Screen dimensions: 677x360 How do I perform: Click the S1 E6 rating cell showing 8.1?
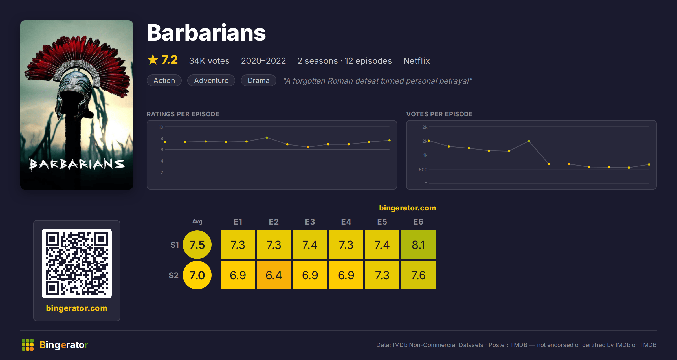coord(418,245)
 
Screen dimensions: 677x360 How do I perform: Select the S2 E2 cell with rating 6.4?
coord(274,275)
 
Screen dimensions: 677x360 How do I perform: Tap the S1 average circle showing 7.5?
coord(197,245)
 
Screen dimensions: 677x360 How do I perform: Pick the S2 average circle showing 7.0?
coord(197,275)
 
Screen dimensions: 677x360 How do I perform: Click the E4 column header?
coord(346,222)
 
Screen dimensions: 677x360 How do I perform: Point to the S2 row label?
coord(174,275)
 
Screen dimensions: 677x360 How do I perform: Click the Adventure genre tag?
coord(211,80)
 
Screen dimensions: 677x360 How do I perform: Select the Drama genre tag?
coord(258,80)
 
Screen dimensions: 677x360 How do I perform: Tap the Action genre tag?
coord(164,80)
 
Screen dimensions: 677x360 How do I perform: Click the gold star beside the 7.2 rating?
coord(153,60)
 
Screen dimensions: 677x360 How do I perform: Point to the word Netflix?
coord(416,61)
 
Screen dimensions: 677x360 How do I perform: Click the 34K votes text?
coord(209,61)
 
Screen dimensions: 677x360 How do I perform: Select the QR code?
coord(77,264)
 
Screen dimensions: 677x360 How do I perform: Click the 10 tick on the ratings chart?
coord(161,127)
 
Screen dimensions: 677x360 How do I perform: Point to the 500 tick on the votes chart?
coord(423,170)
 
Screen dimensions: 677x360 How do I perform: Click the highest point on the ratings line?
coord(267,138)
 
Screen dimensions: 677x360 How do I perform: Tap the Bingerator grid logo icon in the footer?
coord(28,345)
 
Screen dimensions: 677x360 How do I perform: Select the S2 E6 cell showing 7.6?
coord(418,275)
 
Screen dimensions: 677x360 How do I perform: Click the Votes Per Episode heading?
coord(439,114)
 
